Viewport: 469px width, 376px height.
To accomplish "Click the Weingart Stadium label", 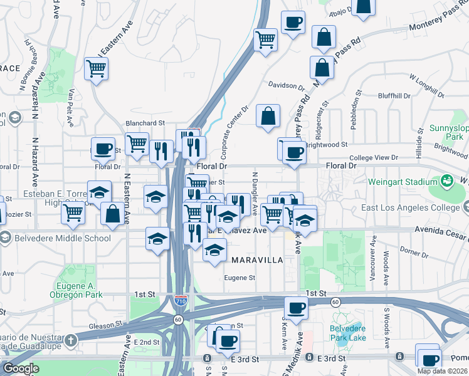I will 406,182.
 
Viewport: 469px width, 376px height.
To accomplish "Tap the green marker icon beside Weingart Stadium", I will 447,182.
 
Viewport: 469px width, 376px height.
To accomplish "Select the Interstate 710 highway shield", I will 181,301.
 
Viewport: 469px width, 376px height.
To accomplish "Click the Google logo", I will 20,368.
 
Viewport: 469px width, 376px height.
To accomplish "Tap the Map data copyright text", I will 443,371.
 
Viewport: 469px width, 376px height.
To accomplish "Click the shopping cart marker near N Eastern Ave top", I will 96,68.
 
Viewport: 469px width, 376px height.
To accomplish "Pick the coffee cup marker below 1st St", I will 296,308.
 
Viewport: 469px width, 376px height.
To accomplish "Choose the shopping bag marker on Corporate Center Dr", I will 268,116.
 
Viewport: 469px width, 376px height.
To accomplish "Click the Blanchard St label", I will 145,123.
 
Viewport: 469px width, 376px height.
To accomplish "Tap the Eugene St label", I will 241,278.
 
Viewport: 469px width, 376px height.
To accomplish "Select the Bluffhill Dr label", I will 394,96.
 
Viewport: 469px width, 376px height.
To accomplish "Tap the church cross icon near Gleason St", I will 71,341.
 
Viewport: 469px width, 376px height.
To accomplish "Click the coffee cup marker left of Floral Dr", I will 103,149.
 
